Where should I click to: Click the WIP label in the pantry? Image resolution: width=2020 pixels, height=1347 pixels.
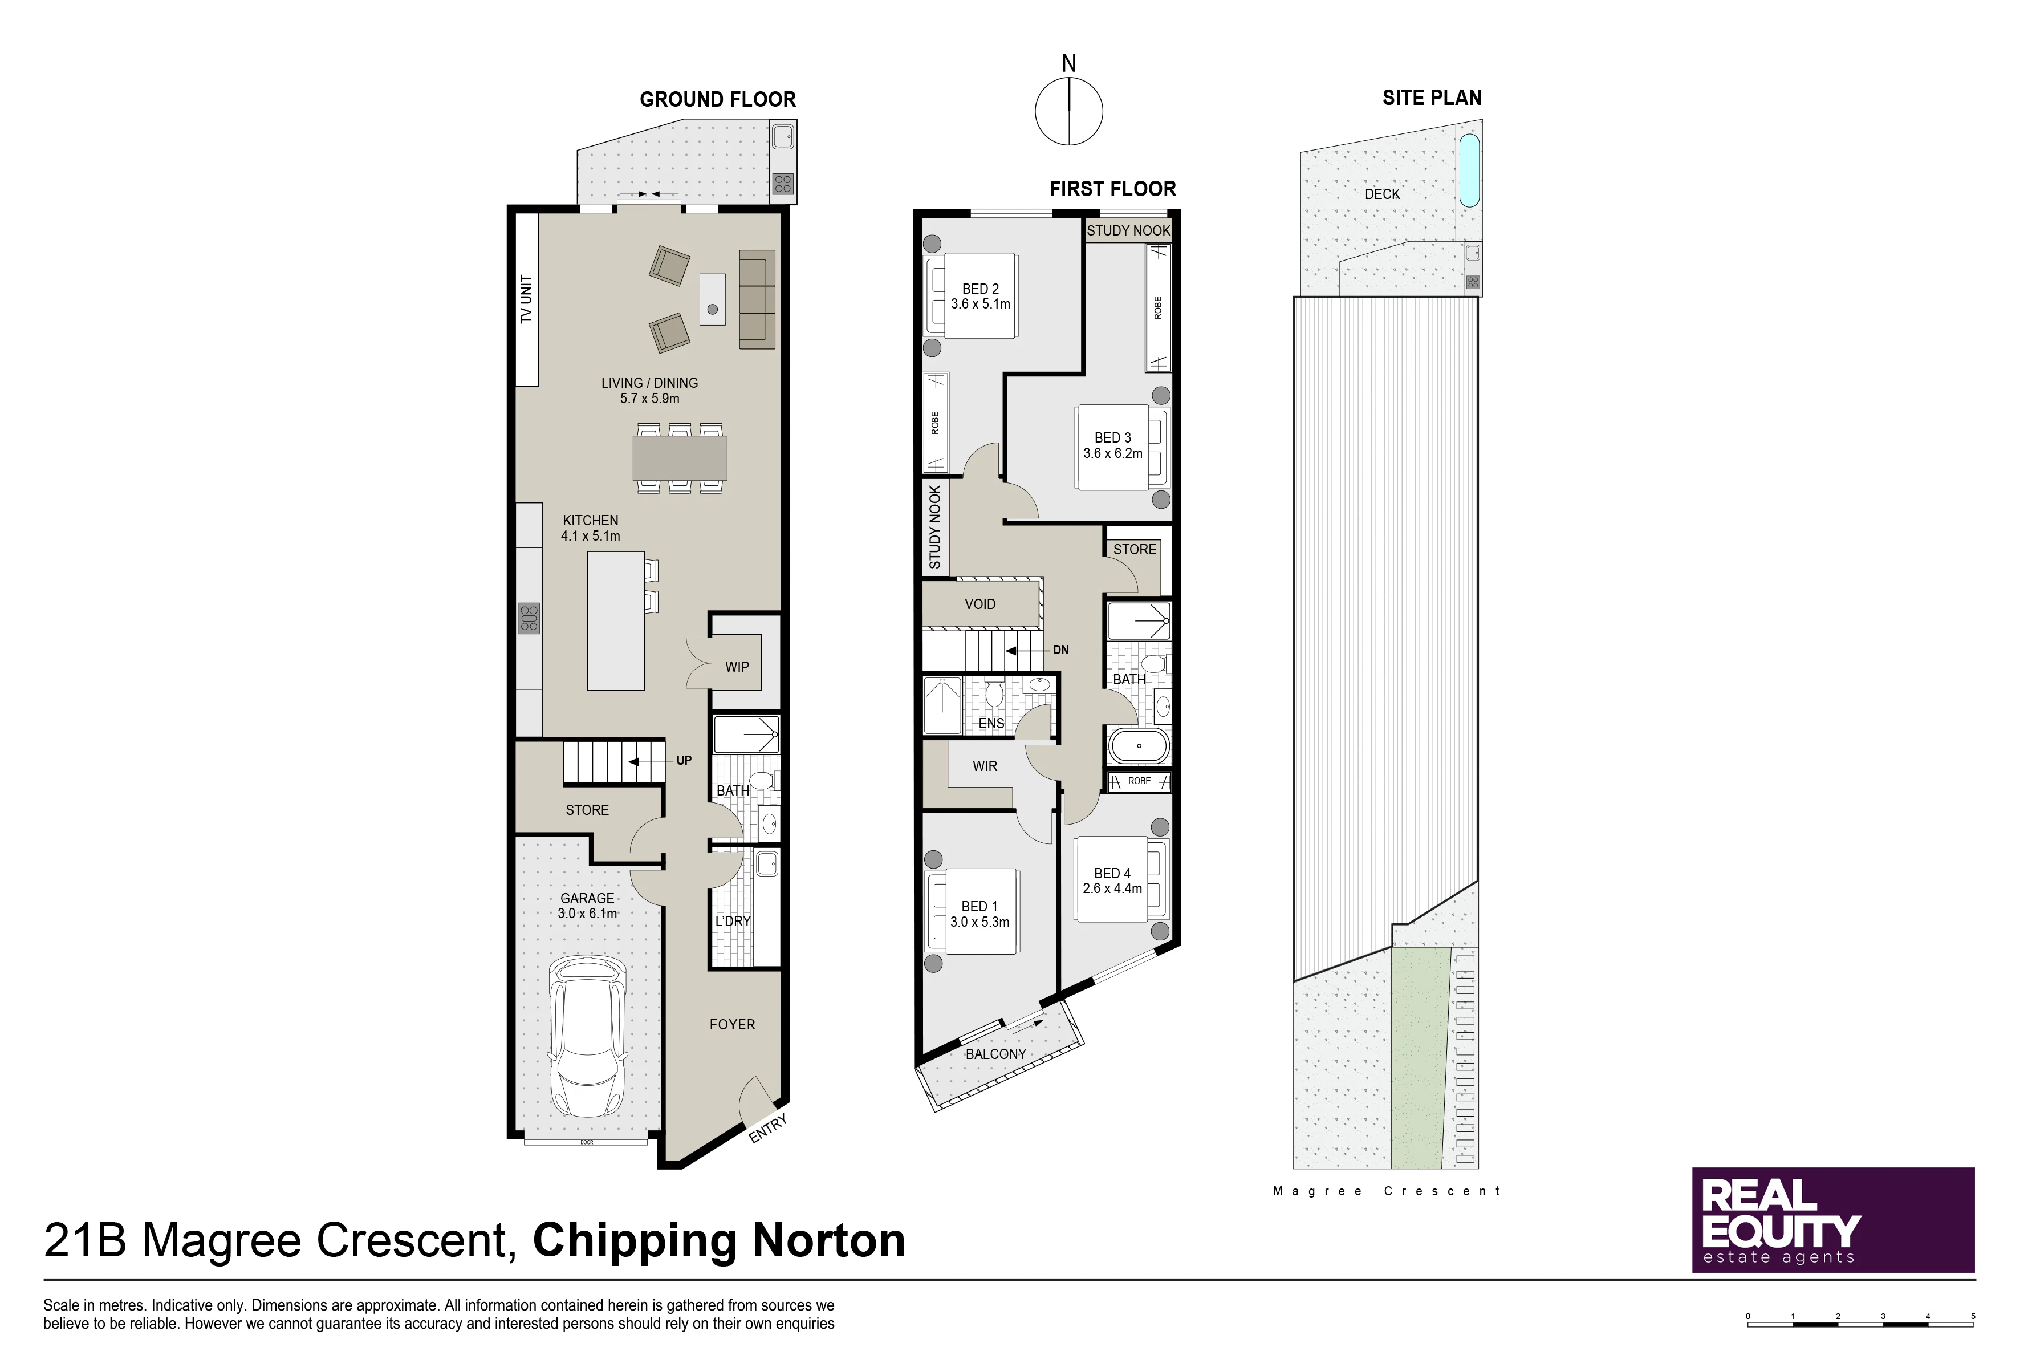pos(737,667)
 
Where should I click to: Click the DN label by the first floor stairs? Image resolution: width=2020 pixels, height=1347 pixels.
pos(1060,650)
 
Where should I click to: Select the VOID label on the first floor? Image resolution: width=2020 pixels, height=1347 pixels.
pos(980,604)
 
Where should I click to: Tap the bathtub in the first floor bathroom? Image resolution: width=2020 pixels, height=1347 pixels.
pos(1139,746)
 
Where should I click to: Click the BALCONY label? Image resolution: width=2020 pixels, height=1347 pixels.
pos(995,1054)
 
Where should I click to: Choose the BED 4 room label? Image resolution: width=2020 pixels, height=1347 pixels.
pos(1112,873)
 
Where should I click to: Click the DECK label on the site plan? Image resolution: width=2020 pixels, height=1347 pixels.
pos(1382,194)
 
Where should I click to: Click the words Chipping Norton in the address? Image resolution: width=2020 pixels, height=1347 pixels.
pos(719,1241)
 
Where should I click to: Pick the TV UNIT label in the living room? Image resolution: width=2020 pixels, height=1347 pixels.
pos(526,299)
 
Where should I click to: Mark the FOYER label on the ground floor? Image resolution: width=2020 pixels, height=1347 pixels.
pos(731,1025)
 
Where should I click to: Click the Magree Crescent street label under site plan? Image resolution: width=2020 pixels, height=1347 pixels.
pos(1386,1191)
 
